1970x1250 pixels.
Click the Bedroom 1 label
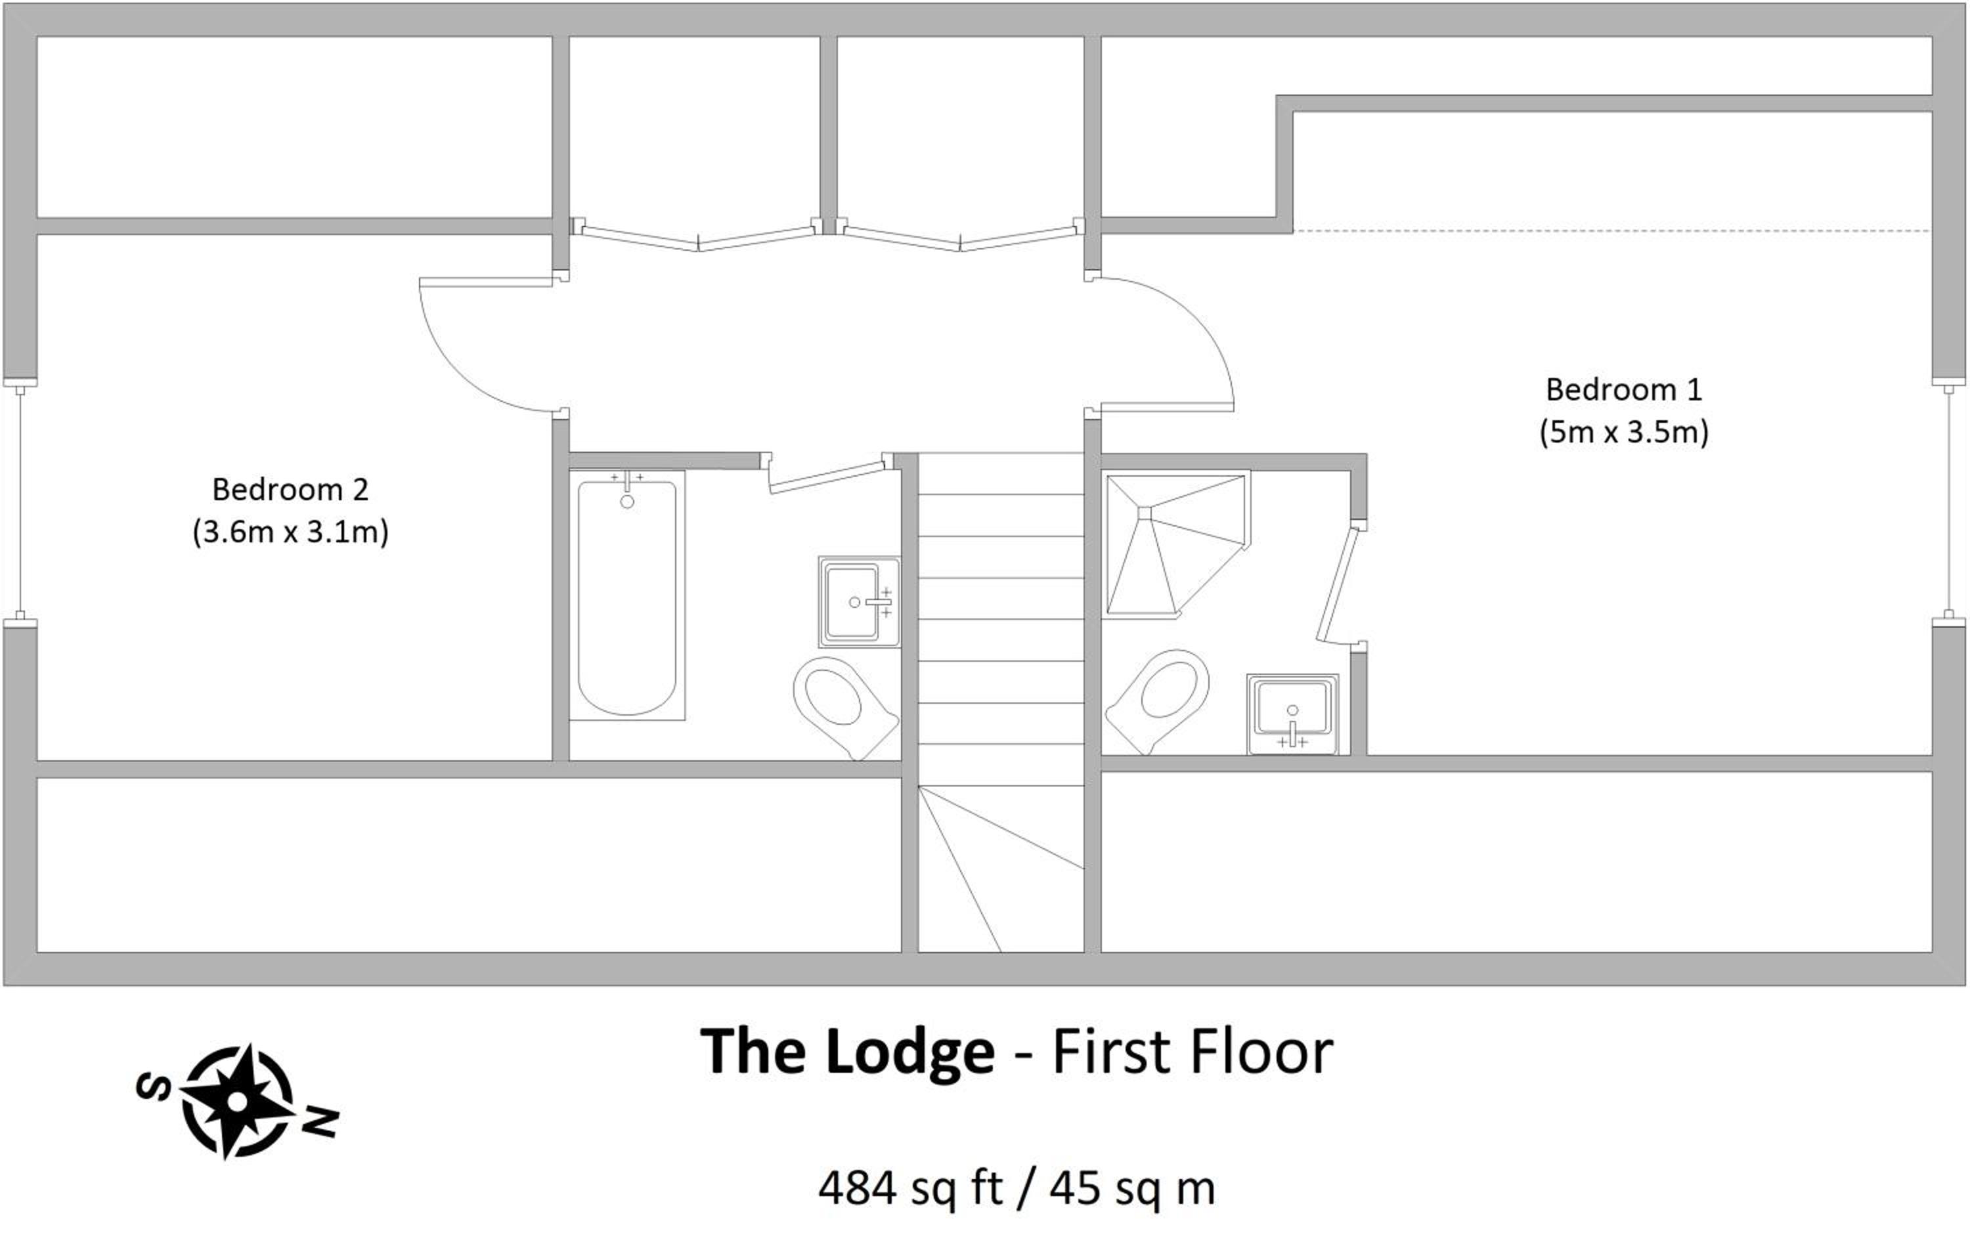click(x=1623, y=389)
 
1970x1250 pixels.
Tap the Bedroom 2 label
click(x=290, y=489)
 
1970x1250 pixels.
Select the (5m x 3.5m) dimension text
click(x=1623, y=432)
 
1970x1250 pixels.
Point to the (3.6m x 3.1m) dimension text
click(x=290, y=532)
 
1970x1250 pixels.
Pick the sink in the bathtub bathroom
click(x=859, y=602)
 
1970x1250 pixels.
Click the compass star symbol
click(x=237, y=1101)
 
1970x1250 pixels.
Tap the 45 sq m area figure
click(x=1132, y=1188)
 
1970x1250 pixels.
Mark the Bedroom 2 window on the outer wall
click(x=20, y=502)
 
